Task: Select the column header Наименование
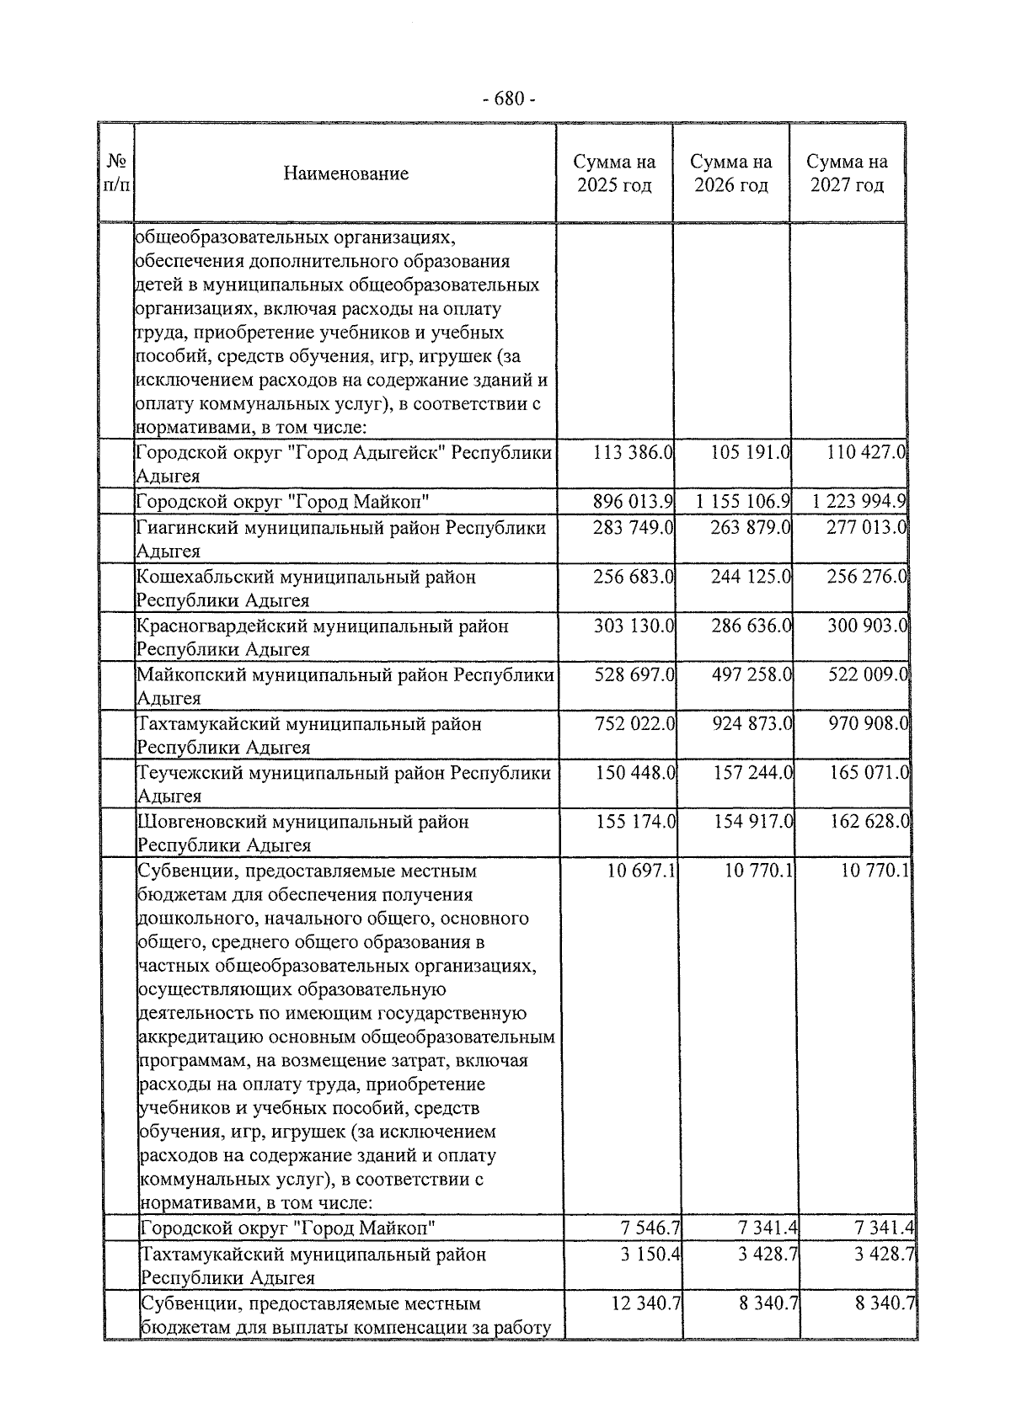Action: coord(345,173)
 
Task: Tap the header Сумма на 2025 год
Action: coord(614,173)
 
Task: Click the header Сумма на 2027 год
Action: coord(847,173)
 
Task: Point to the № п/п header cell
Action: coord(117,173)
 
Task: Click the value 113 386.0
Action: coord(633,452)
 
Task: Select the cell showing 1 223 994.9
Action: coord(859,502)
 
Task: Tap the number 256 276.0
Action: coord(867,577)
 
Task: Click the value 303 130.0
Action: coord(634,626)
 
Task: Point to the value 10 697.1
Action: coord(641,870)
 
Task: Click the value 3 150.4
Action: coord(651,1254)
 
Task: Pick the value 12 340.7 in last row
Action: coord(646,1303)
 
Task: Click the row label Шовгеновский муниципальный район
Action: coord(303,822)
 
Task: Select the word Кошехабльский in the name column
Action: coord(199,578)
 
